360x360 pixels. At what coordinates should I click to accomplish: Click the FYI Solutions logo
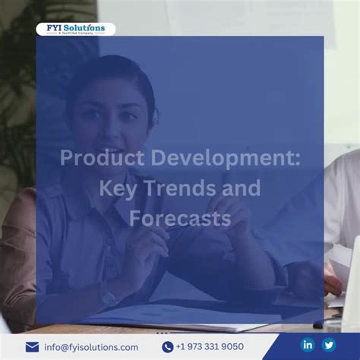(x=75, y=30)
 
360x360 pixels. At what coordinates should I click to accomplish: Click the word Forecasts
(x=180, y=219)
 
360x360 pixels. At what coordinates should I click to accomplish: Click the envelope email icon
(x=32, y=347)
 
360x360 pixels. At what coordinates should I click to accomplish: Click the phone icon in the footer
(x=168, y=347)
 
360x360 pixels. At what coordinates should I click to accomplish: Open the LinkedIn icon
(x=308, y=345)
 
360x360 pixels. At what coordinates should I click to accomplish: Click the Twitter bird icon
(x=329, y=345)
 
